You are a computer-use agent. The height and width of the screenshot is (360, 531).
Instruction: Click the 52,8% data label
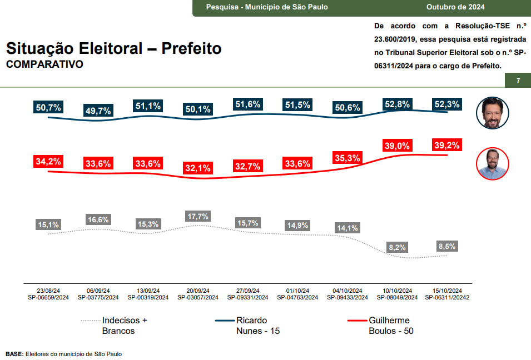(397, 103)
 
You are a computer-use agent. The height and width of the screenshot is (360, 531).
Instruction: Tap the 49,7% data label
(98, 111)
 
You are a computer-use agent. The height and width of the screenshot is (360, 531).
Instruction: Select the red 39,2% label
(447, 145)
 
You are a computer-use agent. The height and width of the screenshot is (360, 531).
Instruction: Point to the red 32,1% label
(198, 168)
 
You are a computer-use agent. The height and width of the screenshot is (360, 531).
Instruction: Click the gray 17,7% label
(198, 216)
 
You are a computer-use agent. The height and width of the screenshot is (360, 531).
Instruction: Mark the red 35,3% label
(347, 158)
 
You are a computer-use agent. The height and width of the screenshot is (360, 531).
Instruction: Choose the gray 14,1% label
(347, 228)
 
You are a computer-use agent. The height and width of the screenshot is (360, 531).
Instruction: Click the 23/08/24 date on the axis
(48, 291)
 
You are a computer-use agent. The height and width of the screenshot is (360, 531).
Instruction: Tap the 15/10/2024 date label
(447, 291)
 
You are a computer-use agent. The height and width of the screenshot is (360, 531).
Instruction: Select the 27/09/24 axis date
(247, 291)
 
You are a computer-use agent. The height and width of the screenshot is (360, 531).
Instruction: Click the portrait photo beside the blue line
(493, 113)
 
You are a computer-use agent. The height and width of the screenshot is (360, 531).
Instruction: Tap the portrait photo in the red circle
(493, 164)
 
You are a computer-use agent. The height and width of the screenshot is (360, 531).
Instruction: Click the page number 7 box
(518, 81)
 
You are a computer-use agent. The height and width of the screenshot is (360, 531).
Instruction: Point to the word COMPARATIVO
(44, 64)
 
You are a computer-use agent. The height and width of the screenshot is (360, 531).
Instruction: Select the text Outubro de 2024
(455, 7)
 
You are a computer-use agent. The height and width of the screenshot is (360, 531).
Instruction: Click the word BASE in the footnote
(14, 354)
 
